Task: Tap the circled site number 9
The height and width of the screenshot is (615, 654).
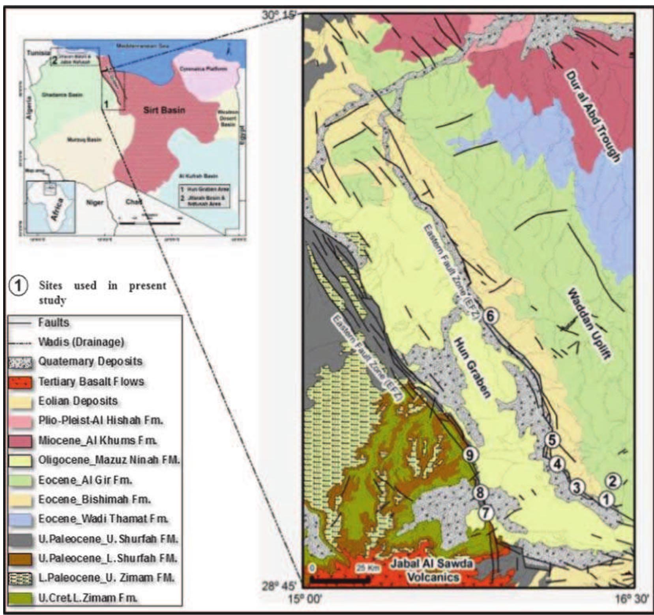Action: tap(470, 455)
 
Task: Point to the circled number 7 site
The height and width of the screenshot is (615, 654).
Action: tap(486, 513)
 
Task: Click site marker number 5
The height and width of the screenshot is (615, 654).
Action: tap(552, 439)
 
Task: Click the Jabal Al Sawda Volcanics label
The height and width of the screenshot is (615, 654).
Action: tap(433, 570)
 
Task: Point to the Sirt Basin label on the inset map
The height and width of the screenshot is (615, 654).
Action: tap(164, 110)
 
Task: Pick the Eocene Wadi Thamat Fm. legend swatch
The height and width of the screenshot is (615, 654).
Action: tap(20, 519)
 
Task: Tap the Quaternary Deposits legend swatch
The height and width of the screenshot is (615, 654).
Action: tap(20, 362)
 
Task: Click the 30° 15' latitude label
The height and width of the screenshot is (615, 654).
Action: tap(279, 15)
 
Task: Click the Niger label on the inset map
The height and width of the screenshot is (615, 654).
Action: tap(95, 202)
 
